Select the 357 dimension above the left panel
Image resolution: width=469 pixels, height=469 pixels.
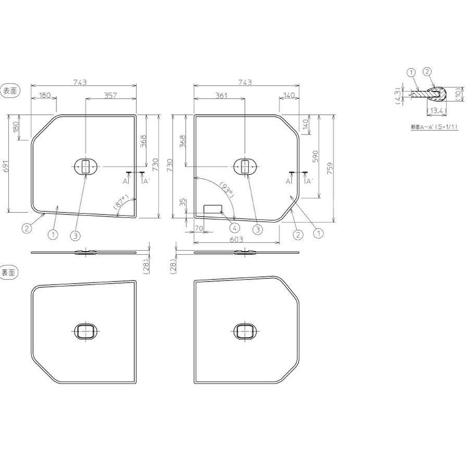pyautogui.click(x=110, y=95)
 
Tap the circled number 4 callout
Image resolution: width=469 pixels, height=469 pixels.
pyautogui.click(x=234, y=228)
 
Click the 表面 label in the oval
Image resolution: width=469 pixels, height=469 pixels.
pyautogui.click(x=10, y=91)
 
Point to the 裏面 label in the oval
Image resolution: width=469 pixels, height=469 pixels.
pyautogui.click(x=10, y=271)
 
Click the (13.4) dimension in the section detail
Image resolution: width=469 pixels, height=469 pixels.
pyautogui.click(x=435, y=111)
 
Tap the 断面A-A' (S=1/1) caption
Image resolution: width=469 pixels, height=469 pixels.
pyautogui.click(x=433, y=127)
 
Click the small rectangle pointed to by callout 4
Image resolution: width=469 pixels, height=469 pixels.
pyautogui.click(x=213, y=208)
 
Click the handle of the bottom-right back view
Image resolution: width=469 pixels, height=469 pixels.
pyautogui.click(x=244, y=331)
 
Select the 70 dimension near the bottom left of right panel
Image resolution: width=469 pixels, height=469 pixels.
pyautogui.click(x=199, y=228)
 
